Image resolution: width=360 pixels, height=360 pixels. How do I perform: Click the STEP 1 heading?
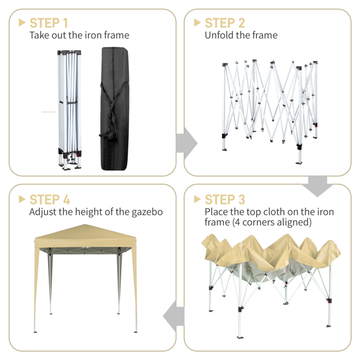pyautogui.click(x=49, y=23)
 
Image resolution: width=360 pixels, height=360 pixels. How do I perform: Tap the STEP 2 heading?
pyautogui.click(x=225, y=23)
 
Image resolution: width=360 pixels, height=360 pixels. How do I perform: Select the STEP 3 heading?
pyautogui.click(x=225, y=199)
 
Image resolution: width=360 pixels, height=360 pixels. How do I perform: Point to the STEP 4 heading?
pyautogui.click(x=50, y=199)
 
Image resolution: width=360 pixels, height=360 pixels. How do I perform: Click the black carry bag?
pyautogui.click(x=115, y=109)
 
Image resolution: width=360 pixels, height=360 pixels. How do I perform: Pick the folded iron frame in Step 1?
pyautogui.click(x=70, y=110)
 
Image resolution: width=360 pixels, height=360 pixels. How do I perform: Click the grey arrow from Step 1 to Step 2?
pyautogui.click(x=187, y=143)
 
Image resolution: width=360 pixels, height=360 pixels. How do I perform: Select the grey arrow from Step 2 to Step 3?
pyautogui.click(x=317, y=186)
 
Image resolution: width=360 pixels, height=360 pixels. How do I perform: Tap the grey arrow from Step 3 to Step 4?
pyautogui.click(x=173, y=316)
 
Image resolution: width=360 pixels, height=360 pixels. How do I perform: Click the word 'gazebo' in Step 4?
pyautogui.click(x=147, y=212)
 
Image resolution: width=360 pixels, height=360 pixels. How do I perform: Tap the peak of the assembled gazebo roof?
pyautogui.click(x=85, y=224)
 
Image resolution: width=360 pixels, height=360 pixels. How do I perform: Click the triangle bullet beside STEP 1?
pyautogui.click(x=22, y=23)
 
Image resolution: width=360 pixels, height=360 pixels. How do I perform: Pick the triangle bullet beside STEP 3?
pyautogui.click(x=197, y=199)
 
